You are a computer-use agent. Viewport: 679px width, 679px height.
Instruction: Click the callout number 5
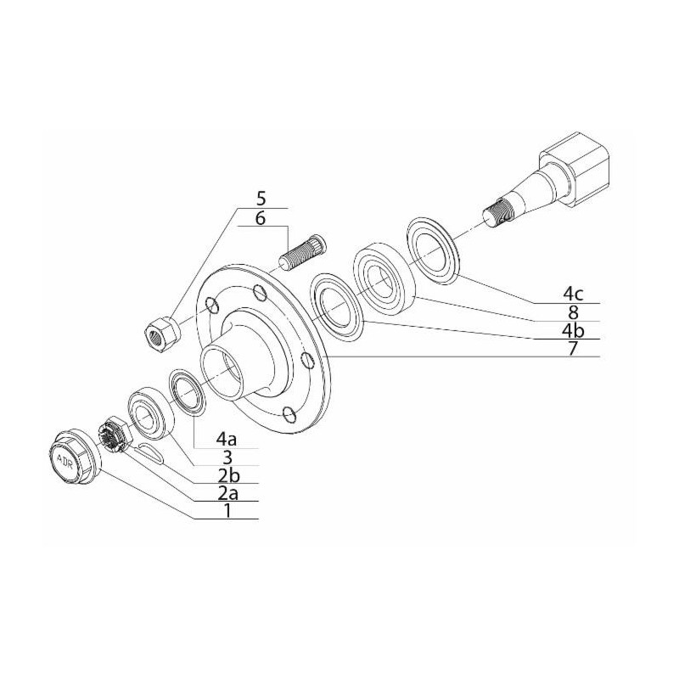(261, 199)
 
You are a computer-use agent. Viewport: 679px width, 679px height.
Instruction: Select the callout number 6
(261, 218)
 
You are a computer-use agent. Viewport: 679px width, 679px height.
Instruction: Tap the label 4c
(573, 294)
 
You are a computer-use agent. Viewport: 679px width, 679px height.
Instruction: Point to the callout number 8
(574, 312)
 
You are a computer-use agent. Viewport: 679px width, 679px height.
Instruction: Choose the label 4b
(573, 330)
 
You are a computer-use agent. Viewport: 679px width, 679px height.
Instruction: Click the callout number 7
(574, 348)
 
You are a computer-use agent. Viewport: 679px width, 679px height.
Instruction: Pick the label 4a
(227, 439)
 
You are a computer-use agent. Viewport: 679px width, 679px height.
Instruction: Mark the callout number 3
(227, 457)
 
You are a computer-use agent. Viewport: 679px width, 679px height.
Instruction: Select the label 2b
(227, 475)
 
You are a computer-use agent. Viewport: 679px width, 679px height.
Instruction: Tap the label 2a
(227, 493)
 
